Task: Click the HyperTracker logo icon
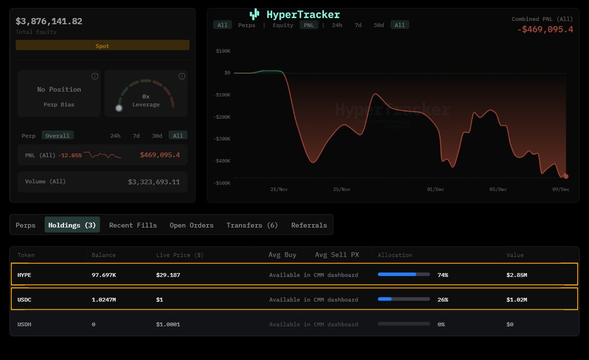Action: coord(254,14)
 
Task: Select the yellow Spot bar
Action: coord(103,46)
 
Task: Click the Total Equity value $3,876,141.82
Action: coord(49,21)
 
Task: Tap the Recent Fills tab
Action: coord(133,225)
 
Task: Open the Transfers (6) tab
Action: coord(252,225)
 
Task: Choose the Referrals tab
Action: coord(309,225)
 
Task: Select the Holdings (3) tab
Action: coord(72,225)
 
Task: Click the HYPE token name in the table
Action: coord(25,275)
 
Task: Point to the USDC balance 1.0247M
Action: coord(104,300)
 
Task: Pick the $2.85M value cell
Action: coord(516,275)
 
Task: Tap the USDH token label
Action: coord(25,324)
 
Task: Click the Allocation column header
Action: coord(395,255)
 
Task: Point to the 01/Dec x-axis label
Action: coord(435,189)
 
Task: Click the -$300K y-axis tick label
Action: coord(223,139)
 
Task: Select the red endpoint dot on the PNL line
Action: coord(566,176)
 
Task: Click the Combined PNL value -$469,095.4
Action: coord(545,29)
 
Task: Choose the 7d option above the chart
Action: coord(358,25)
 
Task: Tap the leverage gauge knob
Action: coord(119,108)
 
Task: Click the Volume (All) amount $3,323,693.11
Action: coord(154,182)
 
